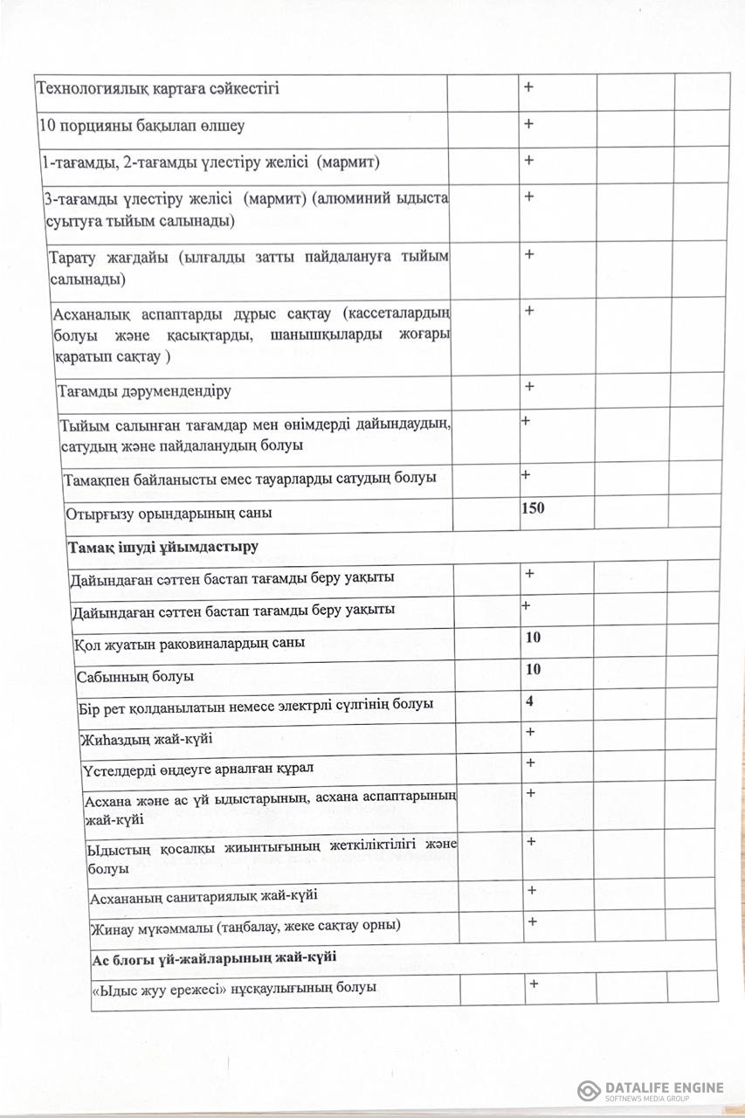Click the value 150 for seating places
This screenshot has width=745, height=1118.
[533, 507]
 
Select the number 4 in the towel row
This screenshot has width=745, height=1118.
[529, 700]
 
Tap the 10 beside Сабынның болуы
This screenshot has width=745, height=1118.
[533, 669]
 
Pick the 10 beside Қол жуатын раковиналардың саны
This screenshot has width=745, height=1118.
[533, 638]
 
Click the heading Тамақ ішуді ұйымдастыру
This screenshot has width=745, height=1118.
[163, 547]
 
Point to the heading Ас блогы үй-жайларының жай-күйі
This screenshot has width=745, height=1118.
[214, 957]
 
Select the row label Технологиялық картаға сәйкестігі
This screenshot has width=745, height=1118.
[158, 88]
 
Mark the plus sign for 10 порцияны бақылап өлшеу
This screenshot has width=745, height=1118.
[528, 124]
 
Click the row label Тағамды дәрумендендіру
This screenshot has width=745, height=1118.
[144, 390]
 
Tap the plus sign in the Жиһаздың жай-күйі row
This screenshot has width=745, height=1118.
[530, 732]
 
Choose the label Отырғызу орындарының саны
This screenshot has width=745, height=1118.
[169, 513]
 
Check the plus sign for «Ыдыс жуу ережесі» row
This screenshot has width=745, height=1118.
[533, 983]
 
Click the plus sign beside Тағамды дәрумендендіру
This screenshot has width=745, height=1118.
[528, 386]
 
